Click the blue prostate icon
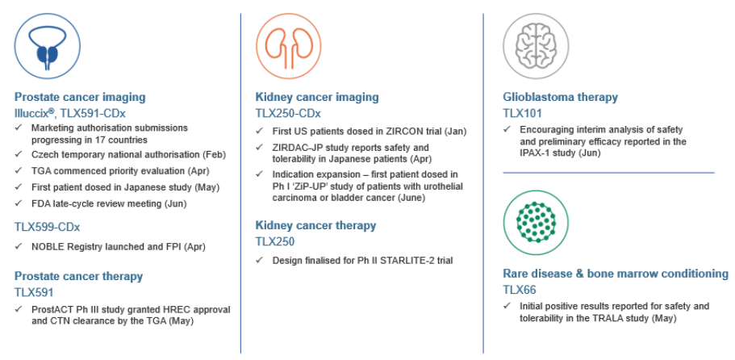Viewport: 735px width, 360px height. point(47,46)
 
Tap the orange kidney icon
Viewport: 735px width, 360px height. point(288,46)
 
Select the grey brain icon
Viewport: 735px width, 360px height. point(536,46)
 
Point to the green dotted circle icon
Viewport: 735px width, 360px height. point(536,223)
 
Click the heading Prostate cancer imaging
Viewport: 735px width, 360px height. point(80,97)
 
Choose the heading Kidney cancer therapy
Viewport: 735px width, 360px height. point(315,225)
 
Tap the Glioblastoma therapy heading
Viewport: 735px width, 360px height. point(560,97)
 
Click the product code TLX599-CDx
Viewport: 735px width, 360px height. point(47,228)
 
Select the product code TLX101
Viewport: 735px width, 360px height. point(522,113)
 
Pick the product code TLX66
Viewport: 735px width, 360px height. point(520,290)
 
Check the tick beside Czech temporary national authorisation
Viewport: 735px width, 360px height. point(18,154)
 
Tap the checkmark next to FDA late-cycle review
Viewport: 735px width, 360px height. point(18,203)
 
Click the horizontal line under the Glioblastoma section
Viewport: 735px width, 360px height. point(608,173)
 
